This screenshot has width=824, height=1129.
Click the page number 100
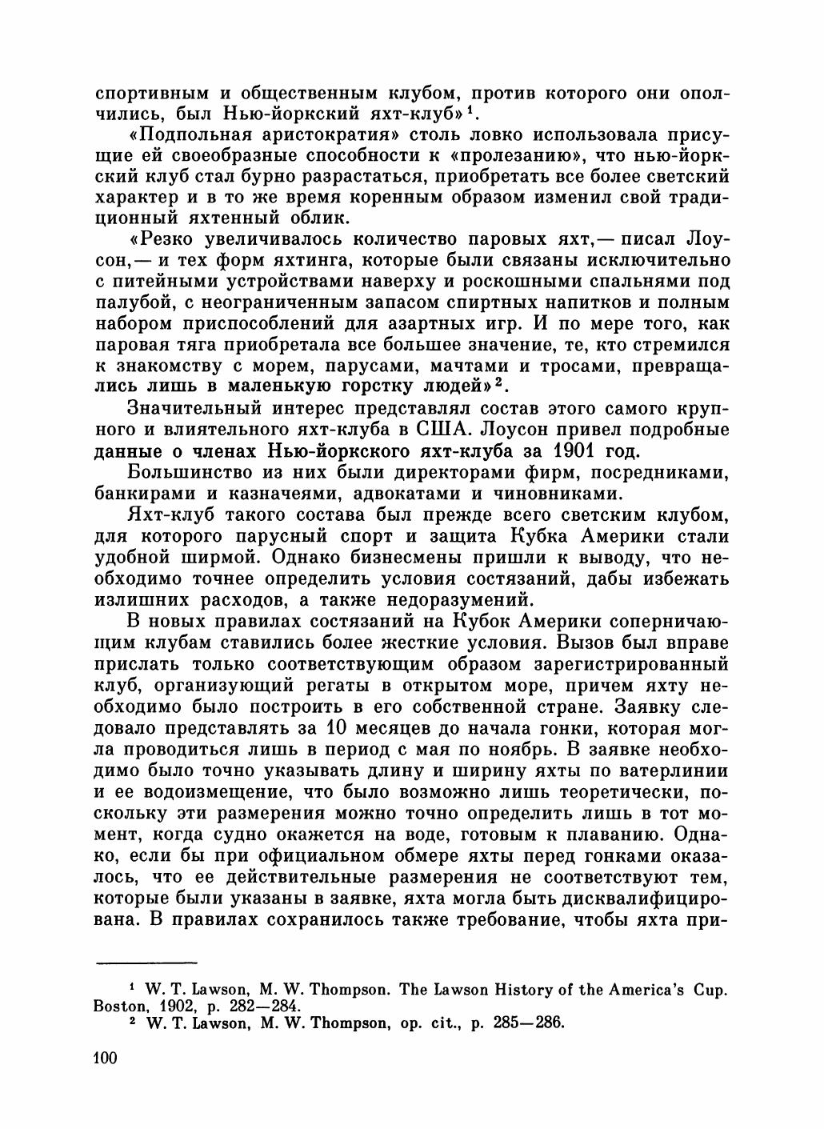pos(106,1059)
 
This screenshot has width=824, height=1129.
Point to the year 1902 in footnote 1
pos(180,1005)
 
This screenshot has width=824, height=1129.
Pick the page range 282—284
pos(256,1005)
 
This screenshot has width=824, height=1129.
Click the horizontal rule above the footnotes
pos(146,960)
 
